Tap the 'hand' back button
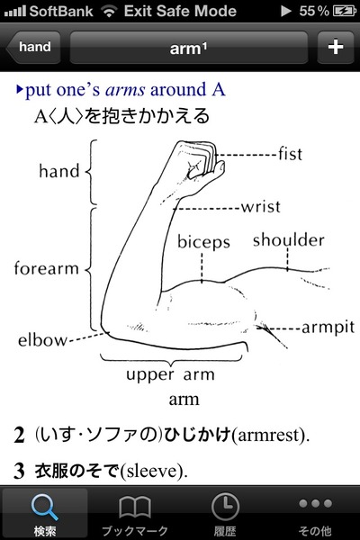pyautogui.click(x=33, y=47)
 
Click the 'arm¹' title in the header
pyautogui.click(x=188, y=49)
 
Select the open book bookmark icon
pyautogui.click(x=135, y=507)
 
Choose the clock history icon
pyautogui.click(x=225, y=506)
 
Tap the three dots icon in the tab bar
pyautogui.click(x=315, y=503)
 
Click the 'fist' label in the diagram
pyautogui.click(x=291, y=154)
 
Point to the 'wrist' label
pyautogui.click(x=260, y=207)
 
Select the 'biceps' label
pyautogui.click(x=203, y=242)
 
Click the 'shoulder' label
pyautogui.click(x=289, y=240)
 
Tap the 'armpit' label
pyautogui.click(x=328, y=328)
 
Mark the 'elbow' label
pyautogui.click(x=42, y=340)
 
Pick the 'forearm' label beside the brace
pyautogui.click(x=47, y=268)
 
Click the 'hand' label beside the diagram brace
pyautogui.click(x=59, y=171)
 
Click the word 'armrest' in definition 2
pyautogui.click(x=268, y=435)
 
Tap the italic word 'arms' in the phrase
pyautogui.click(x=125, y=90)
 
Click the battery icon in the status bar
pyautogui.click(x=345, y=12)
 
